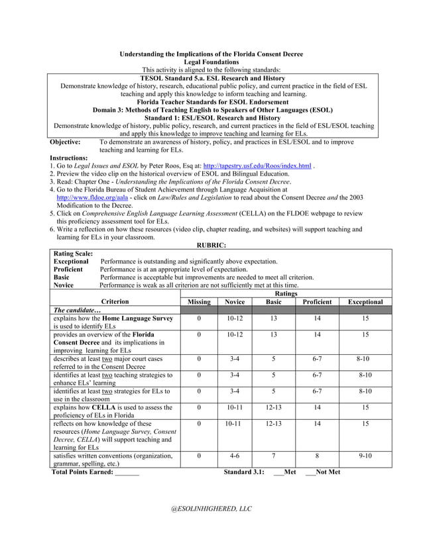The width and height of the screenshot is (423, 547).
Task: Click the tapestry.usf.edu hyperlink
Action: tap(257, 166)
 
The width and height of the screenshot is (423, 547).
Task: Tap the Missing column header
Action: tap(199, 301)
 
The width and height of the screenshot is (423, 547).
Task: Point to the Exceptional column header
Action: tap(365, 301)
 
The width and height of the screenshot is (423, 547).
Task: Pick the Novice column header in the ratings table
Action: tap(235, 301)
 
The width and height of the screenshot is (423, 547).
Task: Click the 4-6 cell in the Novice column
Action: tap(235, 456)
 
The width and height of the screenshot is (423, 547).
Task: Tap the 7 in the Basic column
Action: tap(273, 456)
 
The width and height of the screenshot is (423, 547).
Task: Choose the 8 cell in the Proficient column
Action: tap(317, 456)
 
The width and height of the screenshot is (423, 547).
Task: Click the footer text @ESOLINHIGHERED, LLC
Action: tap(211, 508)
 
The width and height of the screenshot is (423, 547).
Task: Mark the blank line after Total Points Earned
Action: tap(127, 472)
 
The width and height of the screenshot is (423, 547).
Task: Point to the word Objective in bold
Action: tap(66, 142)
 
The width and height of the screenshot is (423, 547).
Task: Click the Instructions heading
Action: tap(69, 158)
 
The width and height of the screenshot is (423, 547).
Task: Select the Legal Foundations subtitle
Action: tap(211, 62)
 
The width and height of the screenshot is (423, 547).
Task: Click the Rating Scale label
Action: tap(73, 254)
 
